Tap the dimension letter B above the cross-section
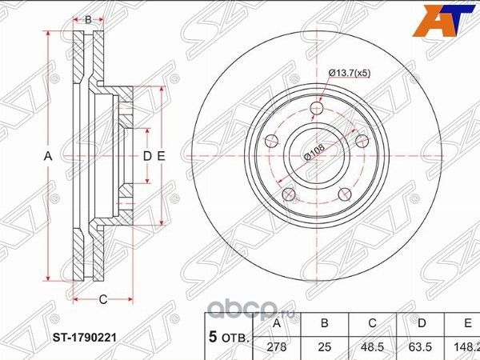(88, 18)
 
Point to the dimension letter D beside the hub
(146, 156)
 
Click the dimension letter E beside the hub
(161, 156)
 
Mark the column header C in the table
(371, 324)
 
